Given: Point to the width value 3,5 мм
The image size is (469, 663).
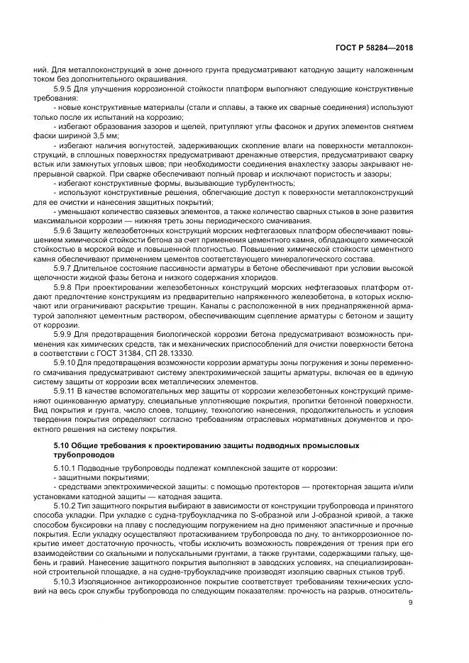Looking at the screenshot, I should [106, 135].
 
